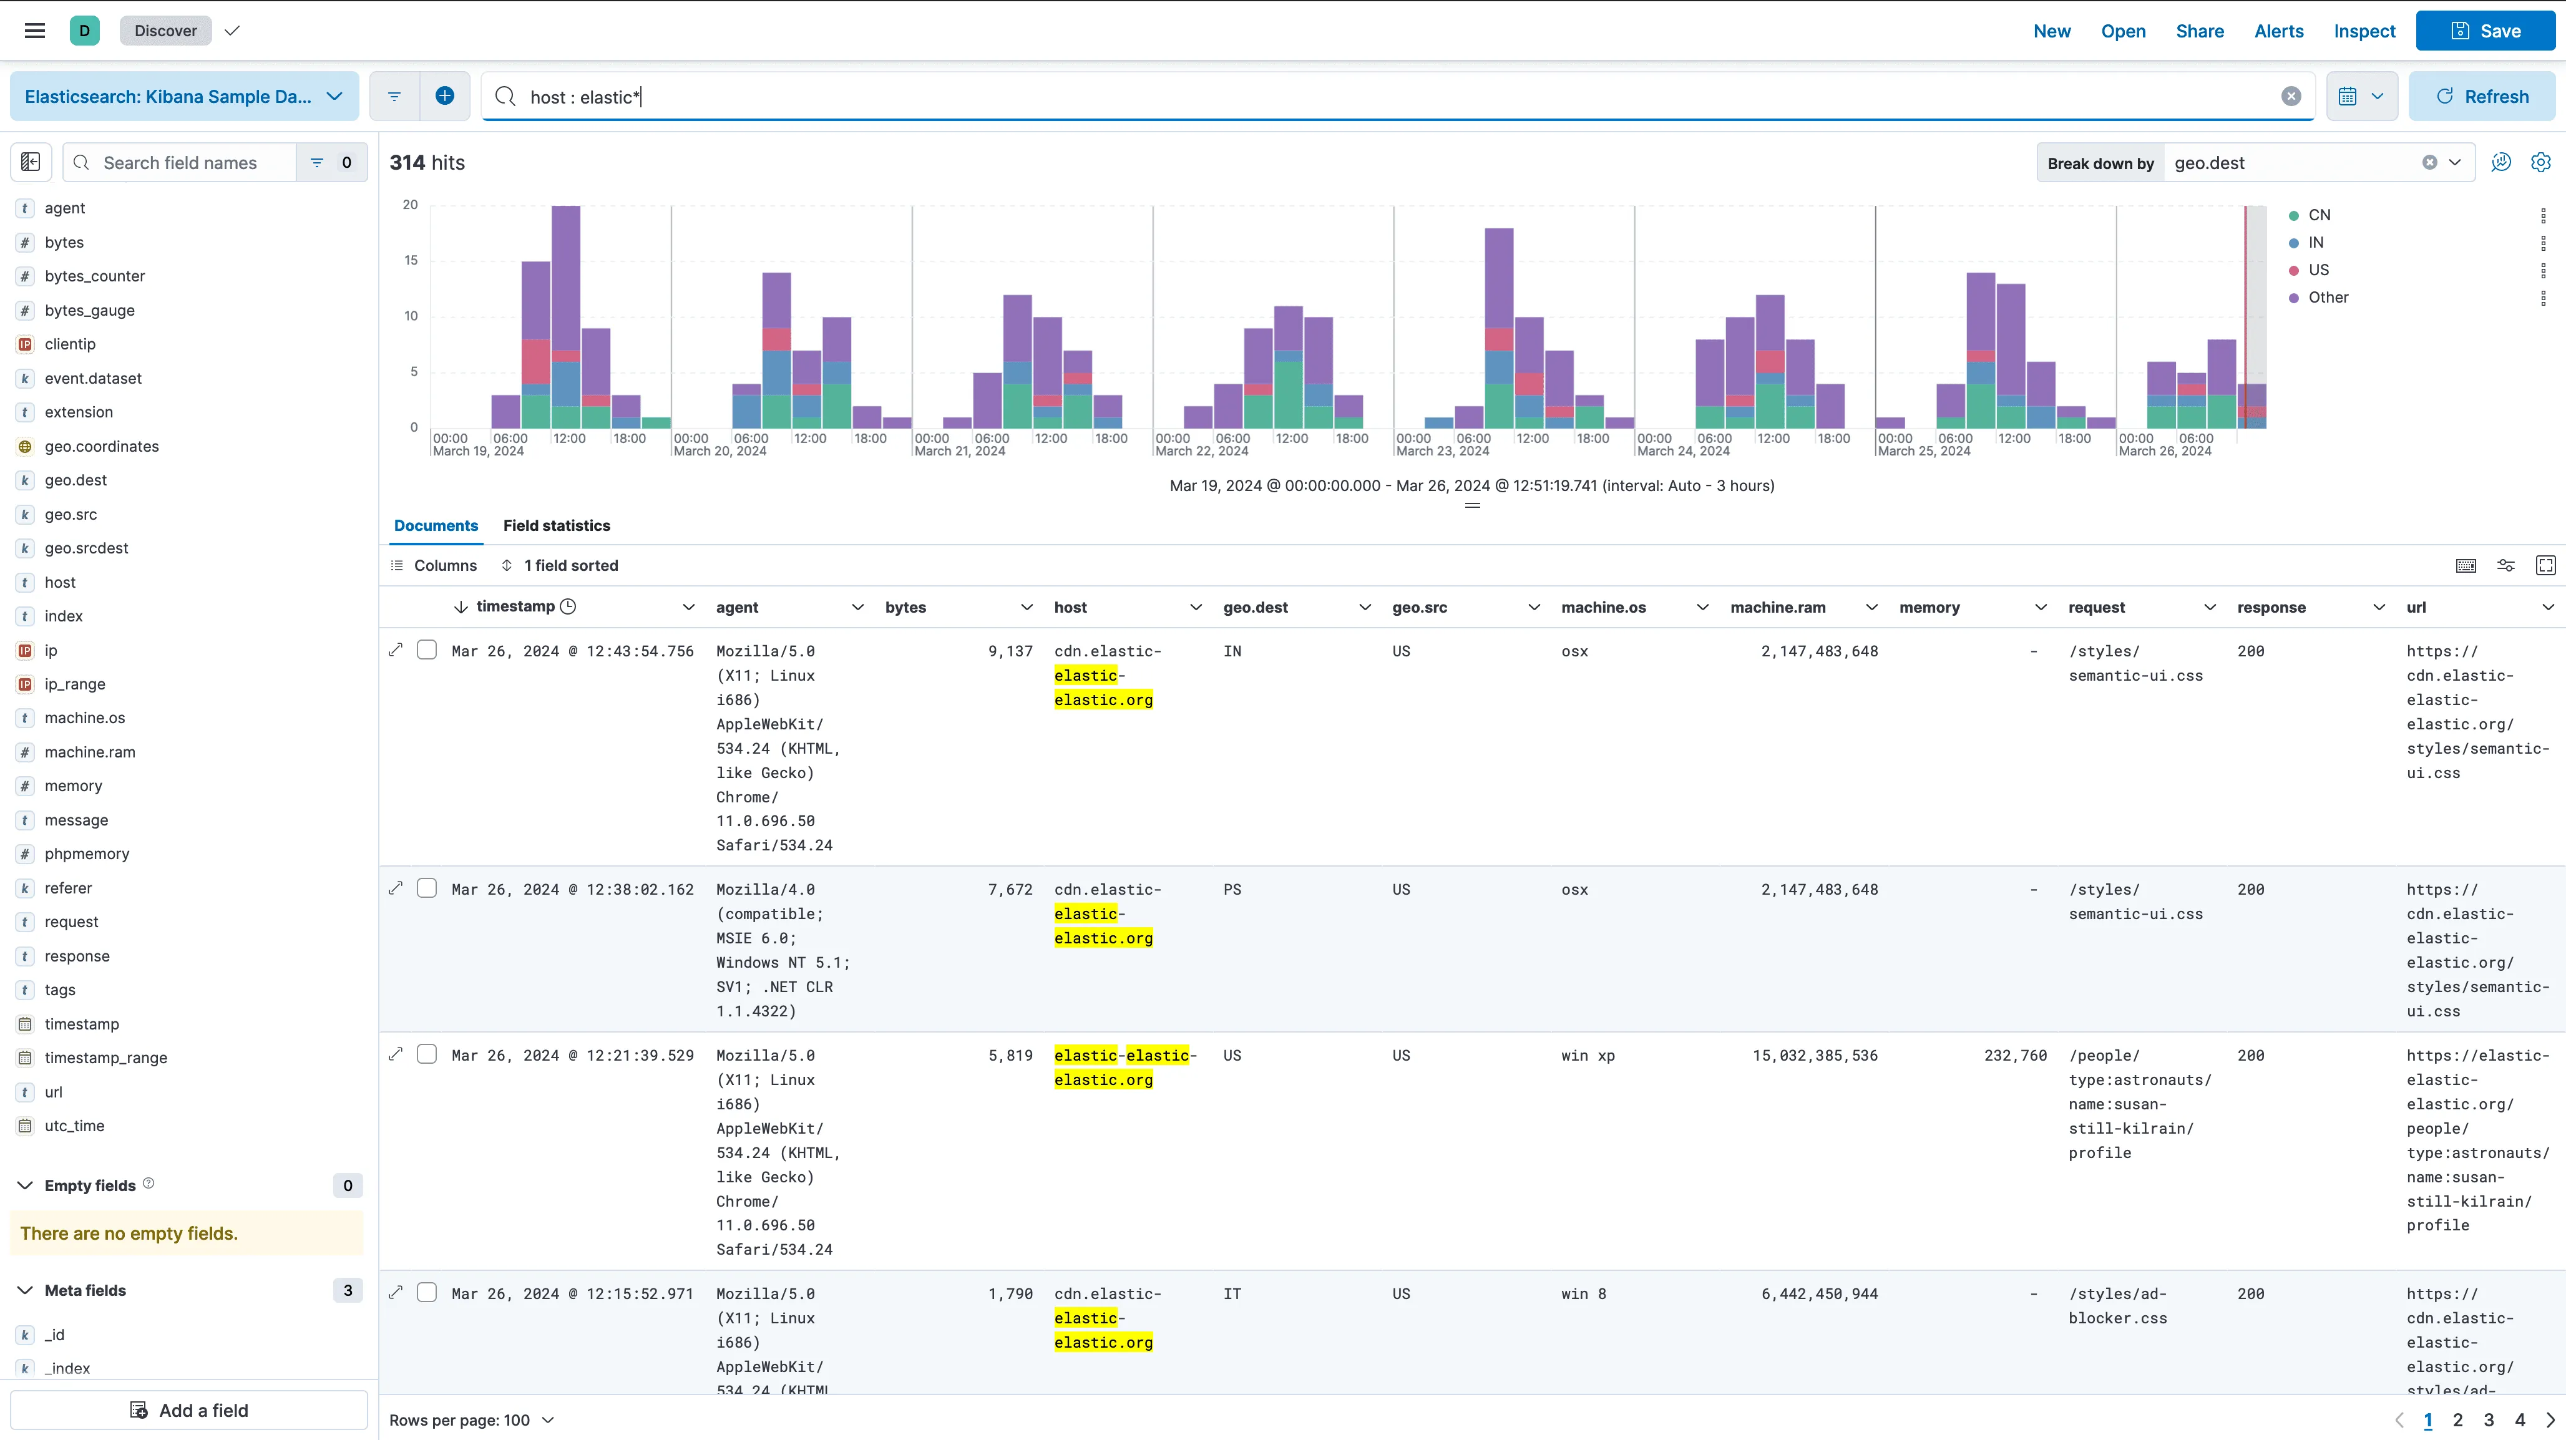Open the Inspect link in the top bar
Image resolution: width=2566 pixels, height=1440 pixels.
pos(2364,31)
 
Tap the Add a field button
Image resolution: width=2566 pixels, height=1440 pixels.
pos(189,1410)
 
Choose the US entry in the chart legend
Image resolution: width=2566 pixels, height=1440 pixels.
pos(2318,270)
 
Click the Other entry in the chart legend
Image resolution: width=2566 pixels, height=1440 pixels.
pos(2327,298)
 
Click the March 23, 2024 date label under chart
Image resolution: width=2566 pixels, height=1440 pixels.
pos(1442,451)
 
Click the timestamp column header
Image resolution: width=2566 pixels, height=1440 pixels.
pos(515,606)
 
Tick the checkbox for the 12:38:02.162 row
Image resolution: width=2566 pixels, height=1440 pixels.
pos(426,888)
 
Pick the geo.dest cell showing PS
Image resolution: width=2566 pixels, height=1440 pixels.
pos(1232,889)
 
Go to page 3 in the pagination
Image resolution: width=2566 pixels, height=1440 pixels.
pos(2488,1420)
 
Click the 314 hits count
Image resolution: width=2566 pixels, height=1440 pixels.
pos(426,162)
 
